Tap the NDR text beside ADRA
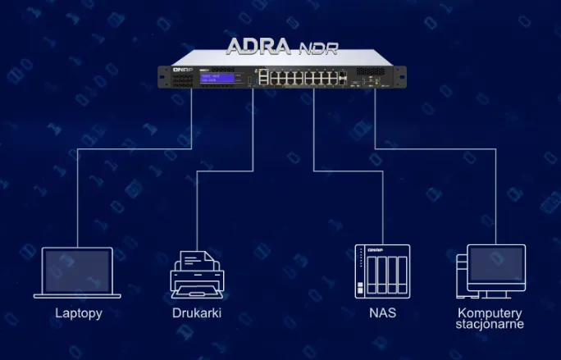click(317, 47)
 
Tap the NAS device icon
click(381, 271)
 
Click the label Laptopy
click(79, 313)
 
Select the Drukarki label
click(197, 313)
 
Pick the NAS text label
click(382, 313)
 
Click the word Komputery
click(490, 312)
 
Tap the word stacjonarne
click(490, 324)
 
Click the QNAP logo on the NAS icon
click(381, 249)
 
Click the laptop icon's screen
click(78, 270)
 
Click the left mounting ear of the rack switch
click(164, 76)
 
